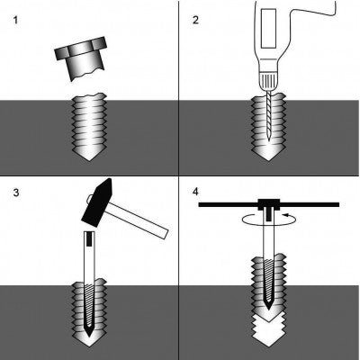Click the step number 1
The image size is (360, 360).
point(15,21)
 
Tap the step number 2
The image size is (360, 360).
point(195,21)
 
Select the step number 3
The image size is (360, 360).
point(16,193)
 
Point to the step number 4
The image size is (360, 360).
point(195,192)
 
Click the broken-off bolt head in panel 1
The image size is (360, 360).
point(81,58)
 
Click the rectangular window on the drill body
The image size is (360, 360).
point(268,29)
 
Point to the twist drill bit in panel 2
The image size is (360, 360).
point(269,116)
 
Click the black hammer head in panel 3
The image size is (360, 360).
point(96,203)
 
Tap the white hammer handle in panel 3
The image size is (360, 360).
point(138,220)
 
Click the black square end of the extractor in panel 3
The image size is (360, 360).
point(89,238)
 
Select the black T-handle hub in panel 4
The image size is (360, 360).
point(269,204)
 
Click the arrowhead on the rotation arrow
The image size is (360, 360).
point(286,215)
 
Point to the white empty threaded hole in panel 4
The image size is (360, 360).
point(269,331)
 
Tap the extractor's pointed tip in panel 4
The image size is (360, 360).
point(269,308)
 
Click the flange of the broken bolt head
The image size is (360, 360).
point(81,49)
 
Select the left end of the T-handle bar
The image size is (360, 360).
point(200,205)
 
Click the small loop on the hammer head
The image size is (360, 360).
point(89,198)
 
